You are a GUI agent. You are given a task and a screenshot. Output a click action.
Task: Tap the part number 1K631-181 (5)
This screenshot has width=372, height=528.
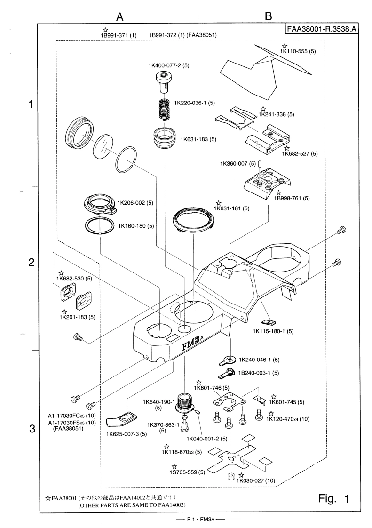pos(231,208)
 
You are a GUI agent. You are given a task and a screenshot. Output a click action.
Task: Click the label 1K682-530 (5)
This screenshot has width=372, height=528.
pos(75,279)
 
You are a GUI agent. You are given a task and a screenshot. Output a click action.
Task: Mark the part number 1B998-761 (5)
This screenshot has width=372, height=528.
pos(293,199)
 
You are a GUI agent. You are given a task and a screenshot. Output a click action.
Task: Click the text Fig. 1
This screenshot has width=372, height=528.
pos(333,498)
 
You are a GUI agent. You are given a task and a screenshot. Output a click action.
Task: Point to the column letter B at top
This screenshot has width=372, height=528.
pos(269,16)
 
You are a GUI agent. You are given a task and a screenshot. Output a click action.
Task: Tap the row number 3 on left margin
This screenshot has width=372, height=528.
pos(32,429)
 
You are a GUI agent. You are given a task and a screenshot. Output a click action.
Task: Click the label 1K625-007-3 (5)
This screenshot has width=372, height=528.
pos(127,433)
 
